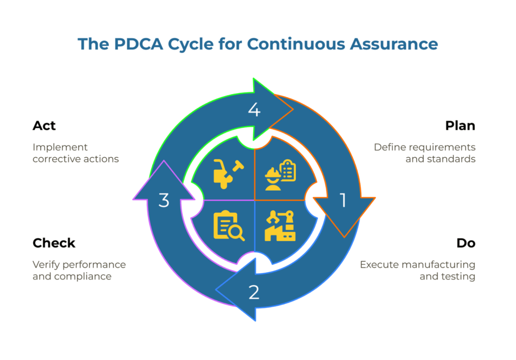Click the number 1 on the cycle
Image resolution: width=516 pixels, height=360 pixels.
(343, 200)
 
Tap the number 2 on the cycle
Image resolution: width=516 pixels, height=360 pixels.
(254, 291)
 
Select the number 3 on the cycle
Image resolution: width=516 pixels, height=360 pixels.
(164, 200)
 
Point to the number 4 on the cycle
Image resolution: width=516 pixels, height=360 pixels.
(254, 109)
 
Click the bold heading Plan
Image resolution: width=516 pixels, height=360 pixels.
(460, 126)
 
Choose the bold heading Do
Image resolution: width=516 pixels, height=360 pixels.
(466, 243)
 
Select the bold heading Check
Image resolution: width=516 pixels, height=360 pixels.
(54, 243)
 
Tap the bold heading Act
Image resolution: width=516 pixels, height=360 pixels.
(44, 126)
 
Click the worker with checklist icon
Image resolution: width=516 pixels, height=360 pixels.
(280, 175)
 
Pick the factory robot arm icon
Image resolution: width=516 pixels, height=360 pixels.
(280, 226)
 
